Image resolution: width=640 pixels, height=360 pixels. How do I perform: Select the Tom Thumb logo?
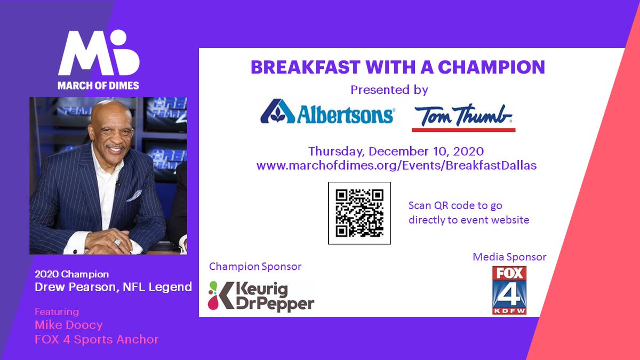pyautogui.click(x=463, y=115)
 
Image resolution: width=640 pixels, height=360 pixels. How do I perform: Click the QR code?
pyautogui.click(x=359, y=213)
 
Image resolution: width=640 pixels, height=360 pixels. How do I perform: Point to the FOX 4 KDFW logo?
pyautogui.click(x=509, y=290)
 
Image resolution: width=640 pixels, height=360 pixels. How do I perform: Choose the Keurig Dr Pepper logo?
pyautogui.click(x=261, y=296)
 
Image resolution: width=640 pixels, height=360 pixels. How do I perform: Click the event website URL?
pyautogui.click(x=396, y=165)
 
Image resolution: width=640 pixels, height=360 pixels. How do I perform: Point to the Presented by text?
pyautogui.click(x=389, y=90)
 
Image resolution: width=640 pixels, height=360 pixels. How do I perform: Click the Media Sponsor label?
pyautogui.click(x=509, y=257)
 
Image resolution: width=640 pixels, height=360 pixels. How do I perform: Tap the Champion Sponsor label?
pyautogui.click(x=255, y=266)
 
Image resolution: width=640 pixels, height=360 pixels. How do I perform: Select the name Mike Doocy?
pyautogui.click(x=68, y=325)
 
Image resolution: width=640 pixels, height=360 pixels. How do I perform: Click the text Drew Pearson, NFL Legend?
pyautogui.click(x=113, y=287)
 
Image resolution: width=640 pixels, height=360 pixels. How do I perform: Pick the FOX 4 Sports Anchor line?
pyautogui.click(x=97, y=339)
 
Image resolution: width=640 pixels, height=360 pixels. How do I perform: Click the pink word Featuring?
pyautogui.click(x=57, y=311)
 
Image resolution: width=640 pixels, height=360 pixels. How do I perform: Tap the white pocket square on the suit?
pyautogui.click(x=134, y=196)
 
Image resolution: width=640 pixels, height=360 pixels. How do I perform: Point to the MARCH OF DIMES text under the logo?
pyautogui.click(x=99, y=85)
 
